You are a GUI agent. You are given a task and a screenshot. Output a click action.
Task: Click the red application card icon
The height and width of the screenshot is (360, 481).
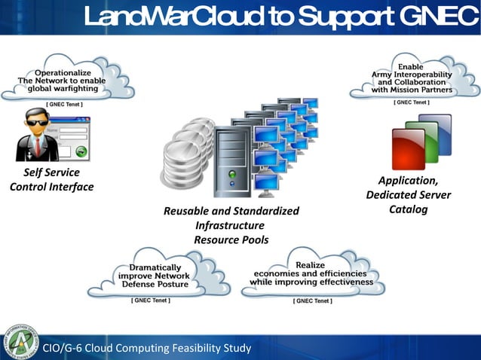[x=409, y=148]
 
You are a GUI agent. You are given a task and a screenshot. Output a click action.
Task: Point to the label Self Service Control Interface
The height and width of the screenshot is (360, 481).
[x=51, y=179]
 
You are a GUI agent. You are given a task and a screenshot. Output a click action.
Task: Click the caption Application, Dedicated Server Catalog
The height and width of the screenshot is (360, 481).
[x=408, y=195]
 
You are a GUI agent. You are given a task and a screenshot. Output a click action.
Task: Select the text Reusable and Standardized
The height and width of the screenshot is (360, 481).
[x=231, y=211]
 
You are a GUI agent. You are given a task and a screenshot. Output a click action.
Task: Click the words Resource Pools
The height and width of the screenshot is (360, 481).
[x=231, y=239]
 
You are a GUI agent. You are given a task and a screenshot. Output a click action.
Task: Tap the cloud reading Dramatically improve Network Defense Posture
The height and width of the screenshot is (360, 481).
[x=155, y=276]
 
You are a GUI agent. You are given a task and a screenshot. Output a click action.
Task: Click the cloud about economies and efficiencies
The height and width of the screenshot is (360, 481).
[x=311, y=274]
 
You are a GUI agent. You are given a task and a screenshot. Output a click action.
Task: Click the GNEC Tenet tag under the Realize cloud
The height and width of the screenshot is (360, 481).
[x=311, y=301]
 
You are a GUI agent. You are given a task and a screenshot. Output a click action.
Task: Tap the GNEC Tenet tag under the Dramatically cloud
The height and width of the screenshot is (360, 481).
[x=151, y=301]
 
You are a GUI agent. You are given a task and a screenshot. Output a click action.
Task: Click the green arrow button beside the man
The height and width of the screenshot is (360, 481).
[x=81, y=151]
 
